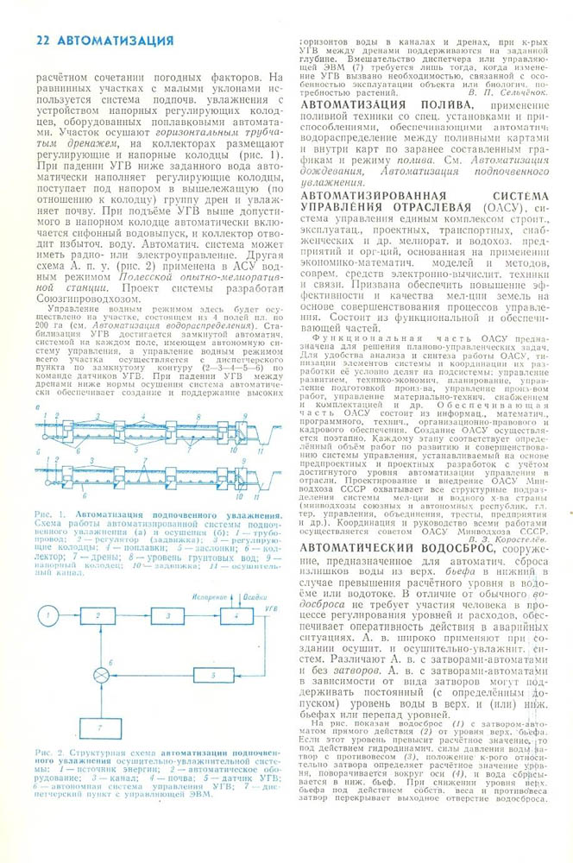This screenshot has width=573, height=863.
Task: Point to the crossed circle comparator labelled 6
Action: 104,673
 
